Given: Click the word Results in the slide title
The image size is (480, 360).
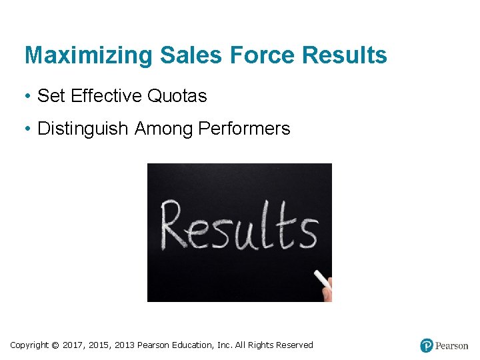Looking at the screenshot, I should [344, 55].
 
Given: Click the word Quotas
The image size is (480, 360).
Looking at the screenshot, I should [177, 96].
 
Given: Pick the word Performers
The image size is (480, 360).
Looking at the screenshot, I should [245, 128].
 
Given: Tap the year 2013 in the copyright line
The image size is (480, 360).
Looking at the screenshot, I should [125, 345].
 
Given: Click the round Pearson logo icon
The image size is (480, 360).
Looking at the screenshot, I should [427, 345].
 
